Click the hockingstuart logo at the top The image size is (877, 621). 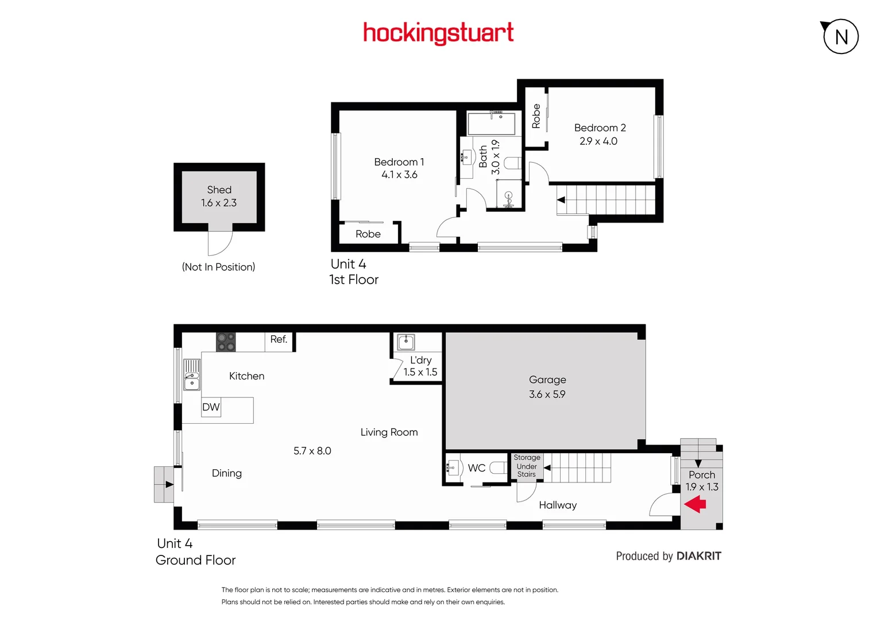438,33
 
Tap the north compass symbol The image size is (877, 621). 840,37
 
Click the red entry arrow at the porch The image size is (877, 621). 696,505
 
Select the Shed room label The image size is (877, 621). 219,190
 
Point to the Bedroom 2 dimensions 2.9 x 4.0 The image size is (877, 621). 598,141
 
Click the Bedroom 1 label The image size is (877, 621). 399,162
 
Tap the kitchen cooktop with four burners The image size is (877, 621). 226,342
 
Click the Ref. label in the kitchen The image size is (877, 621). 279,339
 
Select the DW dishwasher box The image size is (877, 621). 211,407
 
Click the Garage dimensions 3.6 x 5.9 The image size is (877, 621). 547,394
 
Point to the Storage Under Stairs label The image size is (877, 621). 527,466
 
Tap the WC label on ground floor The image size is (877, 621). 477,468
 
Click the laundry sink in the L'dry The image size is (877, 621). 406,342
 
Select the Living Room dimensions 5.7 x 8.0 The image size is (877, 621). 312,451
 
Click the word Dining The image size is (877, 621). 227,473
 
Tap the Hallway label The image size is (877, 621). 558,505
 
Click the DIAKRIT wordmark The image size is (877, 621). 699,556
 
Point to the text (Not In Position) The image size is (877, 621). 218,267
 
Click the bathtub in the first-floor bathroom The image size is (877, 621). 492,124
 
